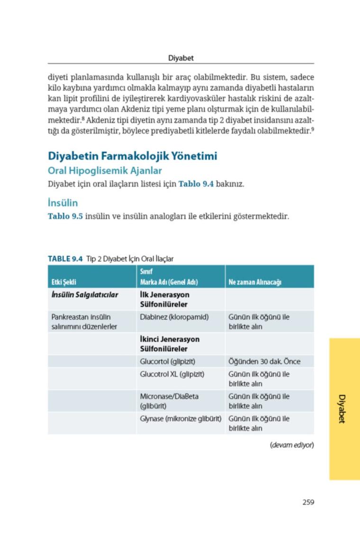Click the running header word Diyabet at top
coord(181,58)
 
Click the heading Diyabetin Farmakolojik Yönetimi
coord(133,156)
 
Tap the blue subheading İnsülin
coord(63,203)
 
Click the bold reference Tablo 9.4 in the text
coord(196,183)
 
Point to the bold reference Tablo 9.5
coord(65,216)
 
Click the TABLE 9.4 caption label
coord(65,259)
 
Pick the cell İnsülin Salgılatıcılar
coord(85,295)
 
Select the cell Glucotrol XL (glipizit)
coord(172,374)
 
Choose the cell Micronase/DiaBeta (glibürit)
coord(169,401)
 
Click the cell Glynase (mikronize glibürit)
coord(181,419)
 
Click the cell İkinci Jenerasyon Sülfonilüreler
coord(170,344)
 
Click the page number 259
coord(308,502)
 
